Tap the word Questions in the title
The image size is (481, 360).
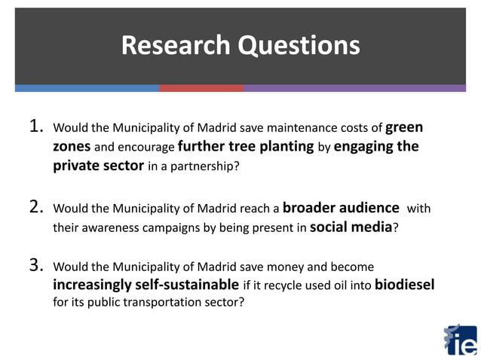click(299, 46)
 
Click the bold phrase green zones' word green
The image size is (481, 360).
click(403, 127)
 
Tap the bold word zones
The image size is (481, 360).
click(72, 146)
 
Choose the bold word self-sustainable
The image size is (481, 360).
click(190, 285)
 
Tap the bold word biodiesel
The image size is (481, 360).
click(404, 285)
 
